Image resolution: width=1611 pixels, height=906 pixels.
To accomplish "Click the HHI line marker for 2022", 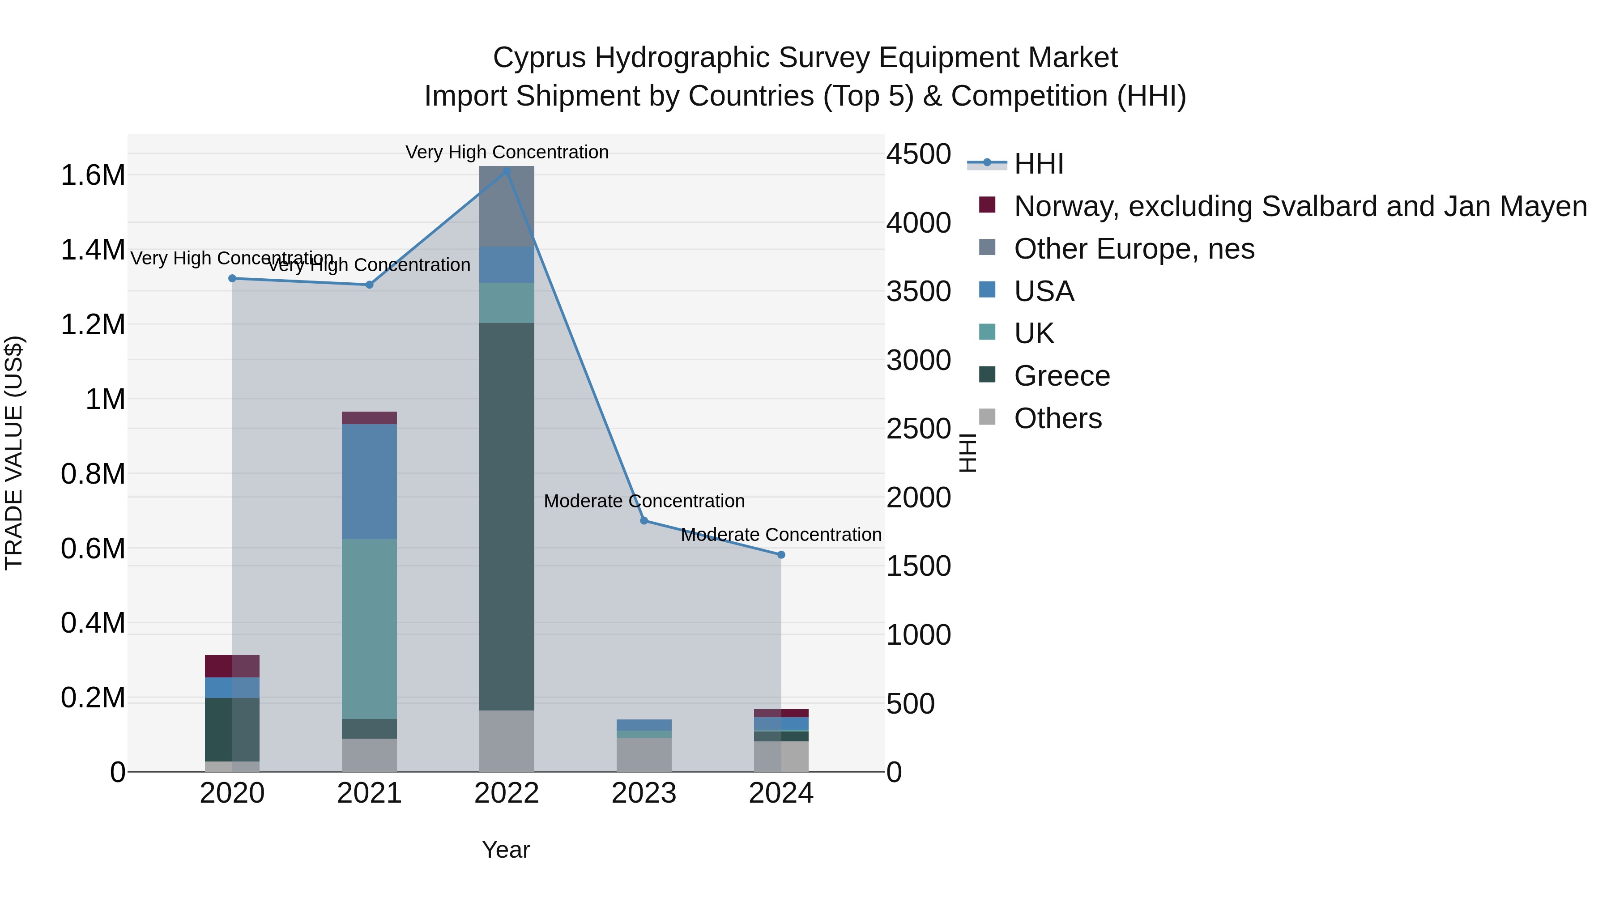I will [x=507, y=171].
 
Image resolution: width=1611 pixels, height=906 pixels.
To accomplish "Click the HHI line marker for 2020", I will [x=232, y=278].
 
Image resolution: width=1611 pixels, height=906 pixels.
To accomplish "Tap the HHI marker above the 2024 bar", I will [x=780, y=555].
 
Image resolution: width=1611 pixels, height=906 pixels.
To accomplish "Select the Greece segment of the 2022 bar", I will [x=507, y=516].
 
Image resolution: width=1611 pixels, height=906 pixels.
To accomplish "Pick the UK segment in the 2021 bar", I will [x=369, y=629].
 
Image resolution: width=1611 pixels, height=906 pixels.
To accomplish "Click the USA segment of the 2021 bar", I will [x=369, y=481].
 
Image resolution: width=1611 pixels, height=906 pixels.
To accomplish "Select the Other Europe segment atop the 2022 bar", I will [x=507, y=206].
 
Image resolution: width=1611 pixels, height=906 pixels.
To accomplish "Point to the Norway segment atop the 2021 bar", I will [x=369, y=418].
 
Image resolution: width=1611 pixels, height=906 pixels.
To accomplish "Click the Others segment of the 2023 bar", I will [x=644, y=755].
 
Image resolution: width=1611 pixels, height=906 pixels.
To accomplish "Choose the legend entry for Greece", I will [x=1061, y=376].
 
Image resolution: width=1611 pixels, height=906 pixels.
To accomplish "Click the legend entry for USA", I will [x=1044, y=291].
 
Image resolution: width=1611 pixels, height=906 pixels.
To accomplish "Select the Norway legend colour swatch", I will [x=987, y=205].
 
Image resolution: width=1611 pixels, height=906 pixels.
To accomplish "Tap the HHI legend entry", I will [x=1038, y=164].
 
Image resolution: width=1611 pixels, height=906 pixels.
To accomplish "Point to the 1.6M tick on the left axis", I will [x=93, y=175].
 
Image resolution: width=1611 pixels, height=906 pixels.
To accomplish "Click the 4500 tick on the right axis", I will [x=918, y=154].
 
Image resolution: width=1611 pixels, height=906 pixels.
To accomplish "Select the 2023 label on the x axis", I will [x=644, y=793].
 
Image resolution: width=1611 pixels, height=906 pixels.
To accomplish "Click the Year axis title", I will [x=506, y=850].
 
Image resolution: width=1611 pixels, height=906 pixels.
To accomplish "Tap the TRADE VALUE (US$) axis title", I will [x=14, y=453].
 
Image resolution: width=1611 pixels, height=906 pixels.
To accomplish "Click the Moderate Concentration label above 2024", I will [x=780, y=535].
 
